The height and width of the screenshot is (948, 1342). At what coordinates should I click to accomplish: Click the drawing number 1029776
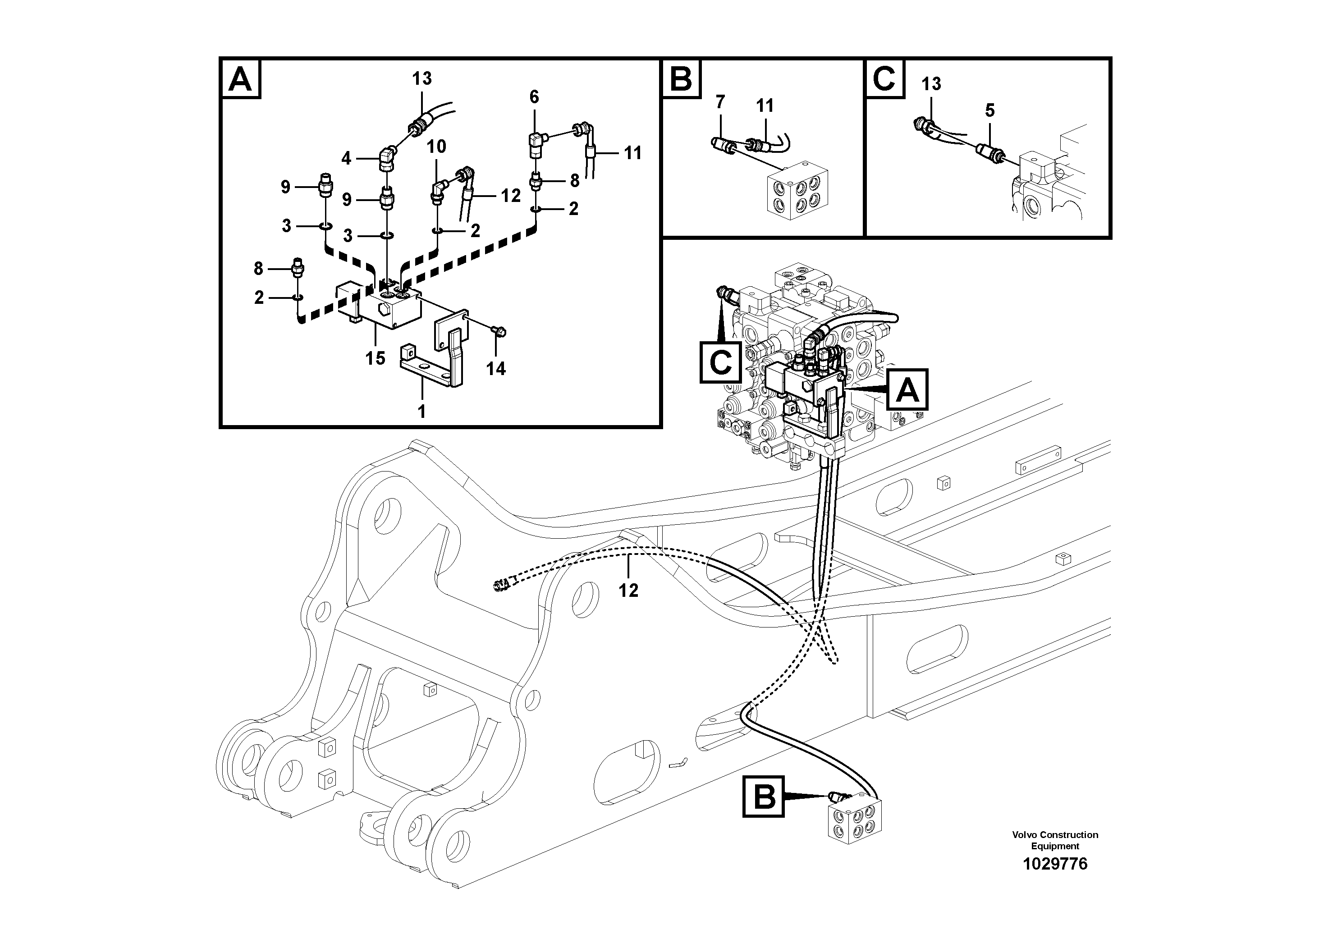1054,864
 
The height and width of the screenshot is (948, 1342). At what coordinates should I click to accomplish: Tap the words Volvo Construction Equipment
1054,840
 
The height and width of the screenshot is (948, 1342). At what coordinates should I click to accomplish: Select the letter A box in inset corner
240,80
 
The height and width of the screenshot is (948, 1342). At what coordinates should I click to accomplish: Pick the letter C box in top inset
884,79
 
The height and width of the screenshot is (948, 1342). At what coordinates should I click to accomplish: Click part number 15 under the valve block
375,357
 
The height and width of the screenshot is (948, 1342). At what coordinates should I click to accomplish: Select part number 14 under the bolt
496,368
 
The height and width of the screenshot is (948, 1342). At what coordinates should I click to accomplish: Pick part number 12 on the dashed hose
628,591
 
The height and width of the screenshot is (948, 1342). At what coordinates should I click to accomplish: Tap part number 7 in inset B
720,102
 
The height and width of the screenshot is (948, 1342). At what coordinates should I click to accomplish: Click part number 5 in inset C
989,110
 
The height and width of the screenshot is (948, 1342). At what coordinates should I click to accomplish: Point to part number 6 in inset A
534,97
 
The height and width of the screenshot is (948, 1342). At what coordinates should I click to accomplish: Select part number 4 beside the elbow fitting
346,158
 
